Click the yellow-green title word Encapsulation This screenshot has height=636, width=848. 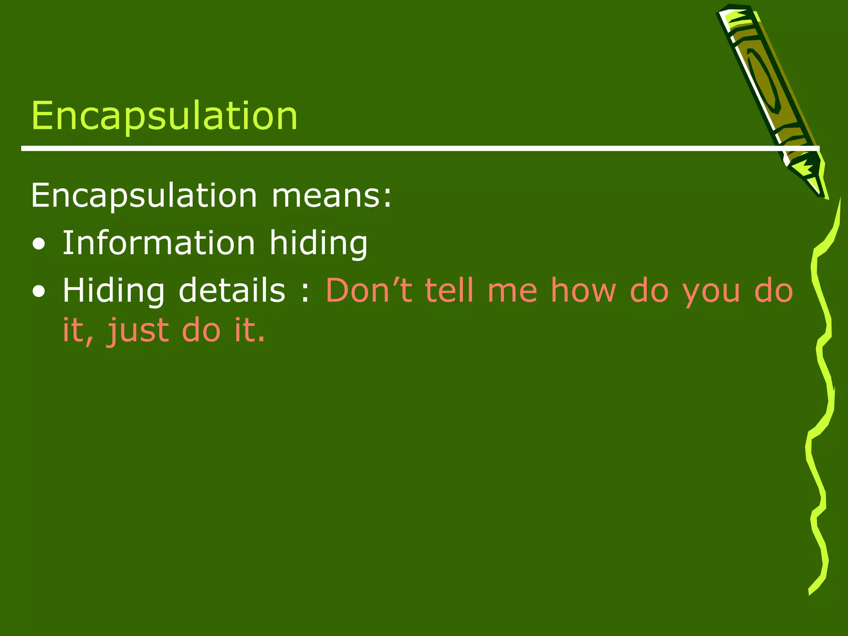click(164, 116)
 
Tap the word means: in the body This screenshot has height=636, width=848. click(331, 195)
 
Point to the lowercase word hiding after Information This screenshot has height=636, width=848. click(318, 243)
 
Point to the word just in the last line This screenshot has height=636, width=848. click(138, 331)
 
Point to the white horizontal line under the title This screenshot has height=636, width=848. click(373, 148)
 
